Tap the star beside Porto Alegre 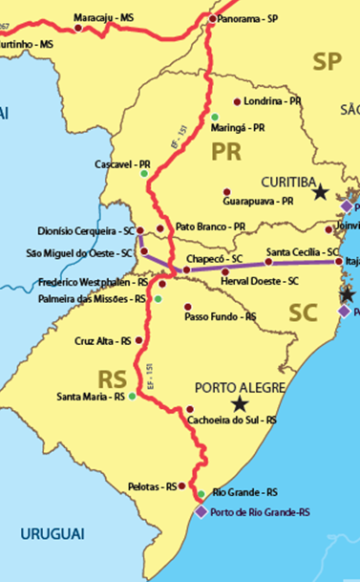(x=238, y=404)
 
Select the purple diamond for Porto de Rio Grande (x=201, y=511)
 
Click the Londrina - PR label (x=274, y=101)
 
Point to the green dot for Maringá (x=215, y=117)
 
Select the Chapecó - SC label (x=217, y=259)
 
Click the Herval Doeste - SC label (x=261, y=281)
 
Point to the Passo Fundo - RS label (x=220, y=316)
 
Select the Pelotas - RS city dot (x=181, y=486)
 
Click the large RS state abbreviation (x=113, y=375)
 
